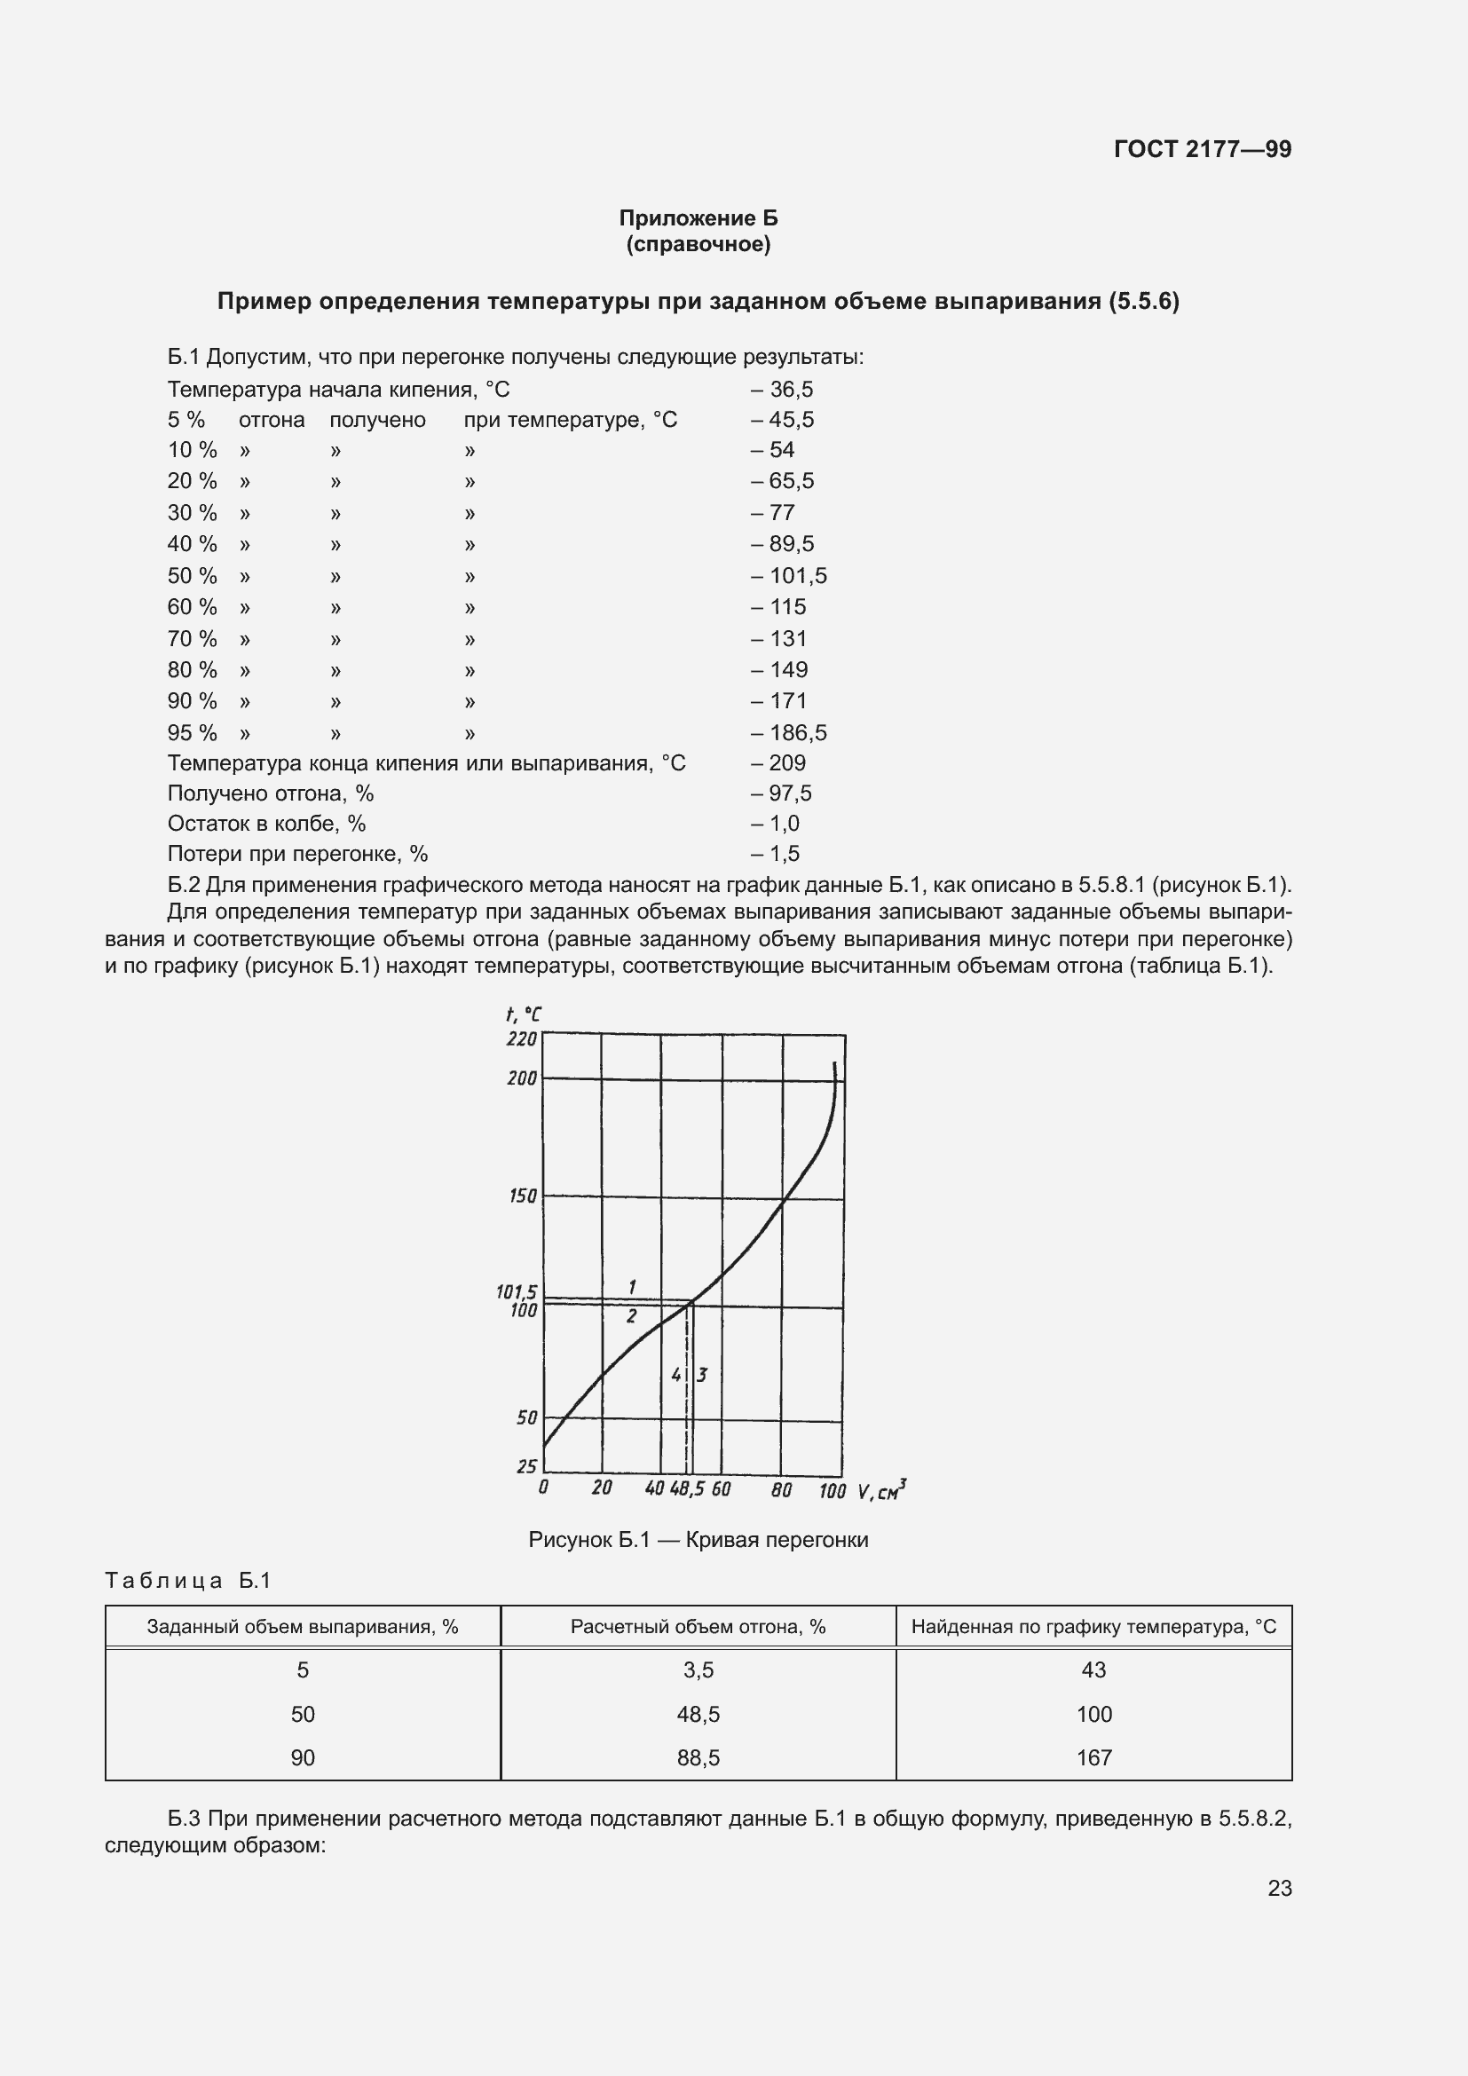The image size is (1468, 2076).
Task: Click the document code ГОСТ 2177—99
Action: click(1203, 149)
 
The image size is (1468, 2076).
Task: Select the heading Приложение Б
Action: click(698, 218)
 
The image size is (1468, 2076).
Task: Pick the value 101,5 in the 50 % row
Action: click(797, 576)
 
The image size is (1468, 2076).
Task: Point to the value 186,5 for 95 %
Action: click(797, 732)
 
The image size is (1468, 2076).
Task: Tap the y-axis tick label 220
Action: click(522, 1039)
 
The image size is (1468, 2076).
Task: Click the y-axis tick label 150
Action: click(523, 1196)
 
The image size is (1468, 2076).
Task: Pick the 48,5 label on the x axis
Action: click(687, 1489)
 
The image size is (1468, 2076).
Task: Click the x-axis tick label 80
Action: click(781, 1489)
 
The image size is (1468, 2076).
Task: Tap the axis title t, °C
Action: click(524, 1014)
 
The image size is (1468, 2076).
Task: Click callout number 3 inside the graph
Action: click(702, 1375)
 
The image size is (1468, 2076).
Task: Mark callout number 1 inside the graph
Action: click(632, 1286)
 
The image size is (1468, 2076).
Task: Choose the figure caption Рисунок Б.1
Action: click(698, 1540)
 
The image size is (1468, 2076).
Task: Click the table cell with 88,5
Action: click(698, 1757)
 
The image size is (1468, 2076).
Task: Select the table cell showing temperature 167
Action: click(1093, 1757)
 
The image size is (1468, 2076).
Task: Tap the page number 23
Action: click(1279, 1888)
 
